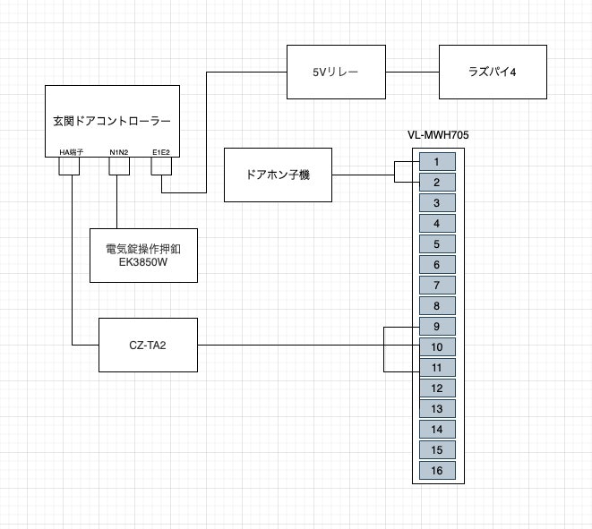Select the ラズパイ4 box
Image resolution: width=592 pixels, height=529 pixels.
493,72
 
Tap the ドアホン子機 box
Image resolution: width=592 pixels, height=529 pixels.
278,175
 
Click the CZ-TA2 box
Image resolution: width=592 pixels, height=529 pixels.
148,345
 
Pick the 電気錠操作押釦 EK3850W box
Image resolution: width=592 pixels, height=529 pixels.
143,255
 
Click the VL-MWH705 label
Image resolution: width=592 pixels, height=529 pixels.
439,135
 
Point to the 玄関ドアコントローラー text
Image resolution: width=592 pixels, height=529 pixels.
112,120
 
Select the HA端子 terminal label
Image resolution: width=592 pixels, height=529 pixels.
72,152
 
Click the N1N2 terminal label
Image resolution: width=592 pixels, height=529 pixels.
119,152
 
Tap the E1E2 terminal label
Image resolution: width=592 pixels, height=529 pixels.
162,152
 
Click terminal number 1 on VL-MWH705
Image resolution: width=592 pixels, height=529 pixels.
436,162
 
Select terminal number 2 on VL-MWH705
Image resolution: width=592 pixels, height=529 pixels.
436,183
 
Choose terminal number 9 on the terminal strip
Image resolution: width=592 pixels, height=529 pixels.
436,327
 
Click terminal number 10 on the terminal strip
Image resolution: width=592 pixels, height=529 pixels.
436,347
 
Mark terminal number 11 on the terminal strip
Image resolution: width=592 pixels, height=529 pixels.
436,368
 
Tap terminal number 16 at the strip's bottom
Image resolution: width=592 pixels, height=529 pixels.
436,471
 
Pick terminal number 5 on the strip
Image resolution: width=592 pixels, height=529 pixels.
436,244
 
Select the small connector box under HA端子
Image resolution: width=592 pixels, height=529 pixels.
72,166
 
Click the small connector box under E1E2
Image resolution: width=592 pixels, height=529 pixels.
162,182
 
